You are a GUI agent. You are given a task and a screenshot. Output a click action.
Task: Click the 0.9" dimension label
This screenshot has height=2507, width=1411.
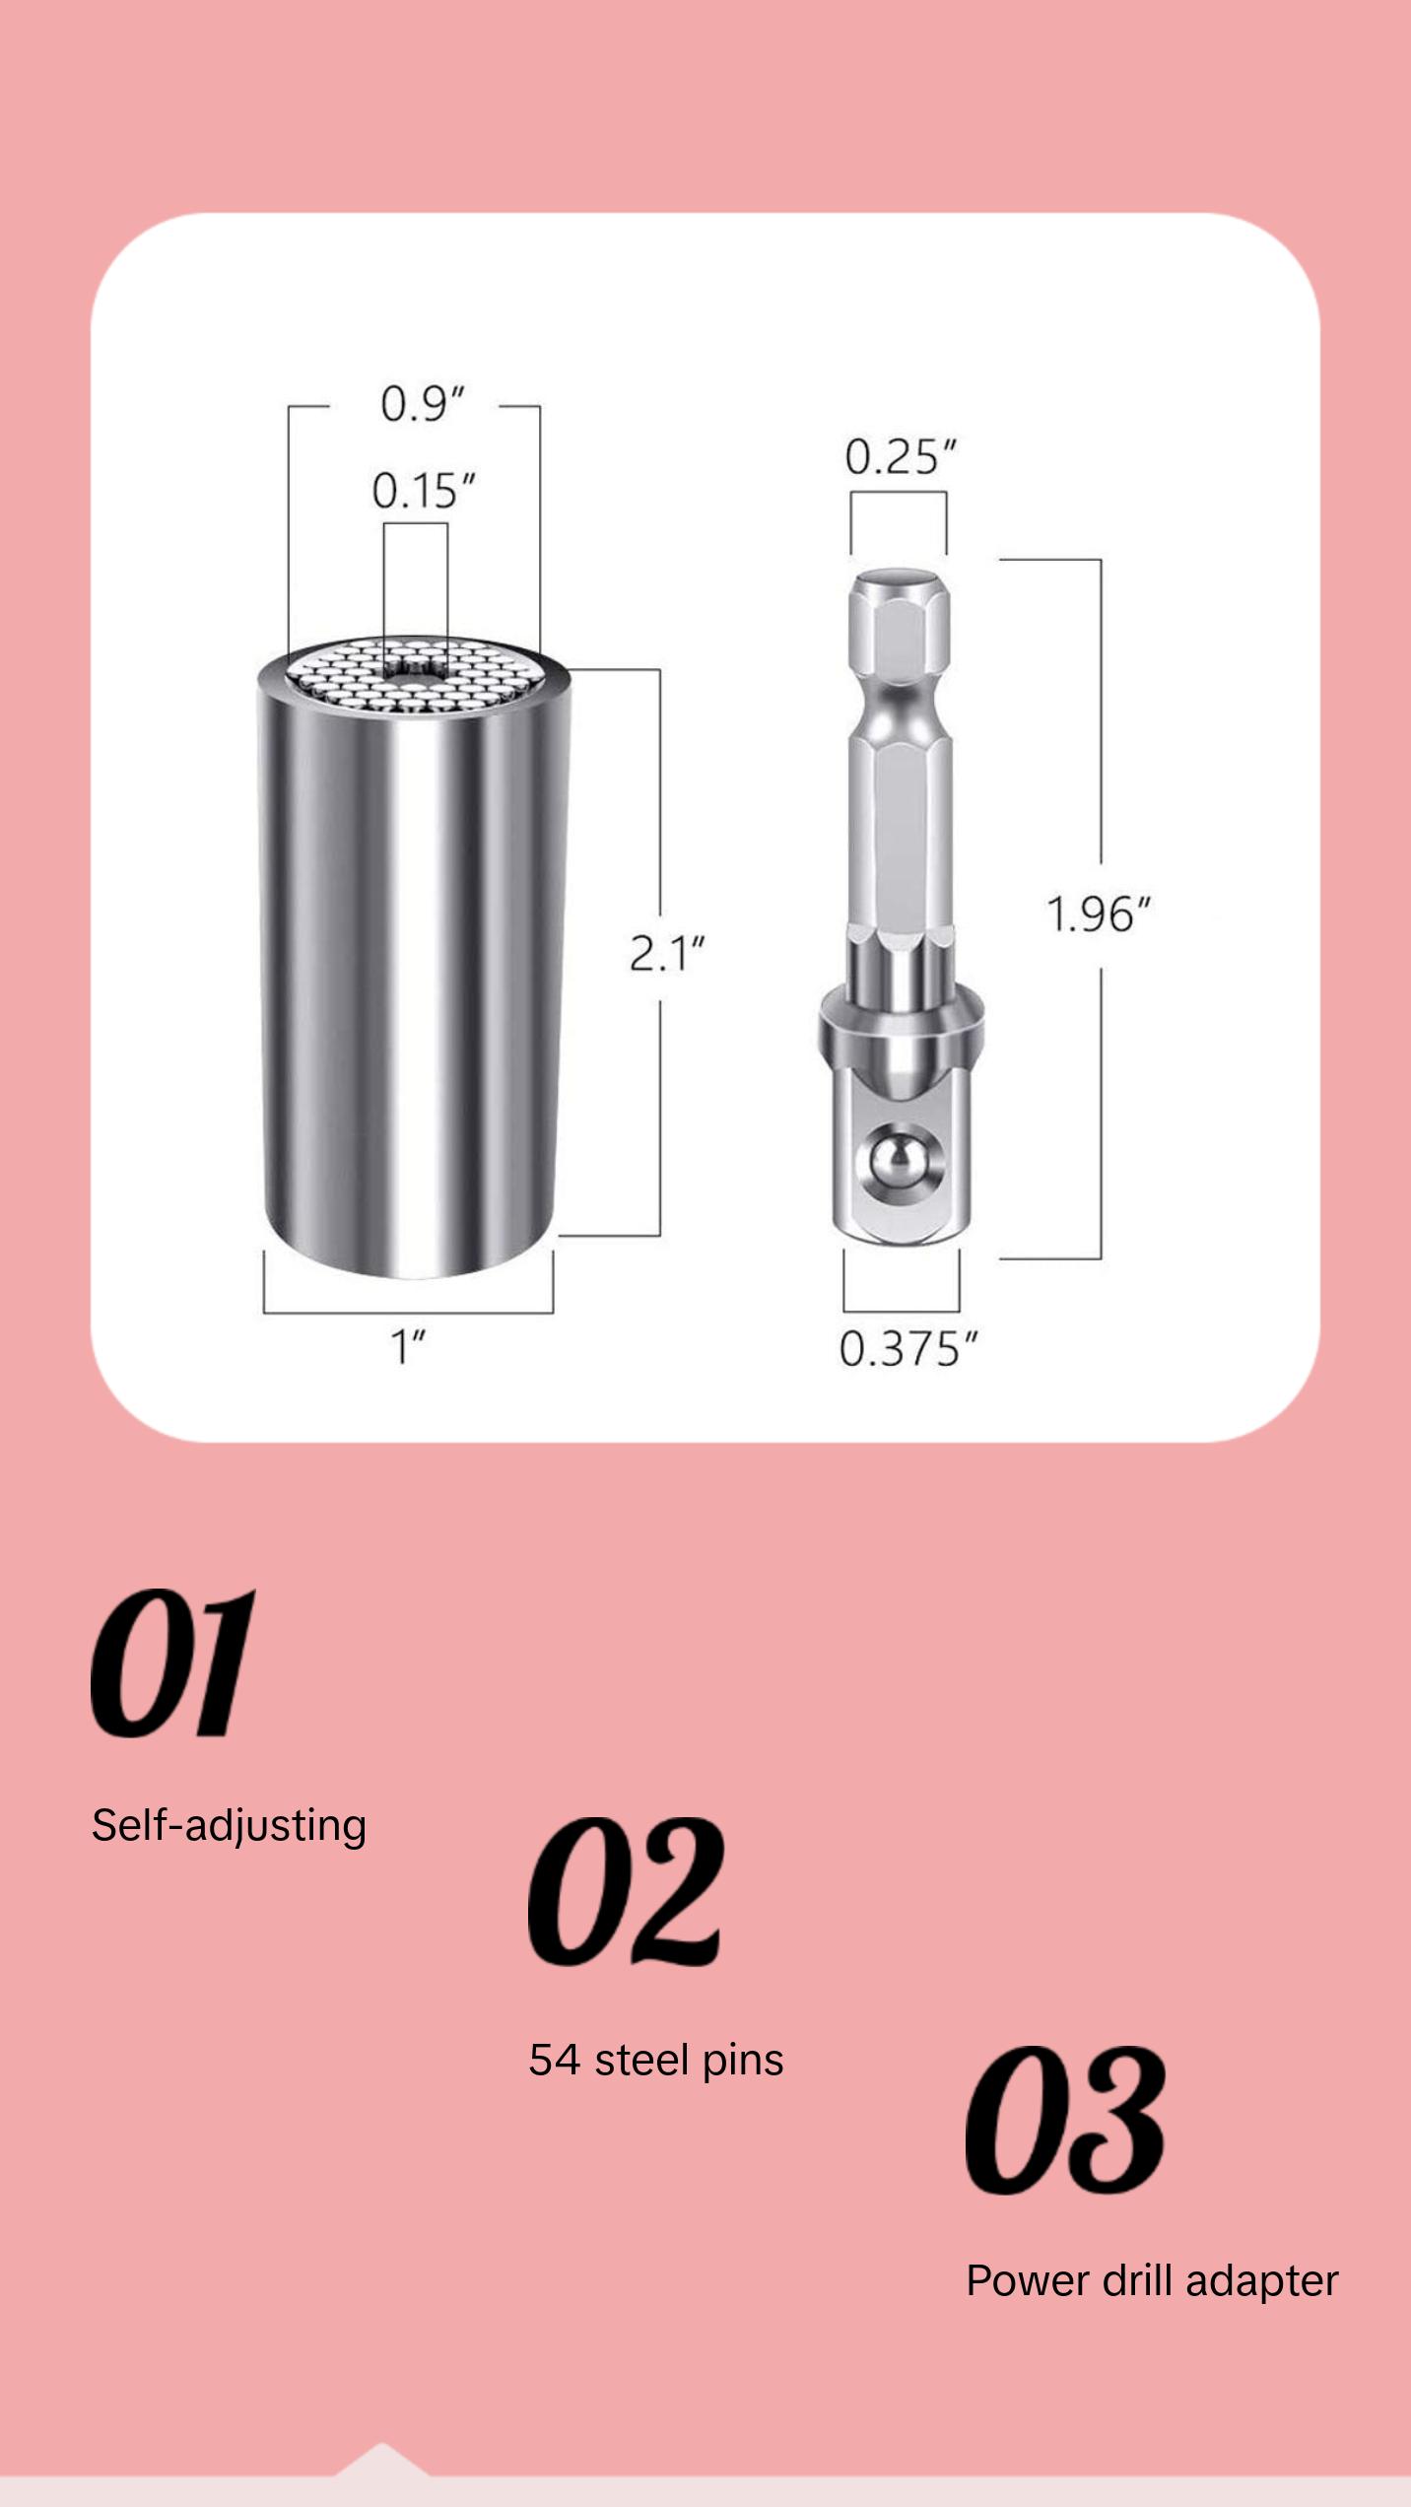click(422, 405)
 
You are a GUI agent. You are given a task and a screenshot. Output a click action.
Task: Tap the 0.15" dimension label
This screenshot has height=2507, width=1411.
click(424, 491)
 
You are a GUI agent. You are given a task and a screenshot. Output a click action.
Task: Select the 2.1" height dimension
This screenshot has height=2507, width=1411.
click(667, 954)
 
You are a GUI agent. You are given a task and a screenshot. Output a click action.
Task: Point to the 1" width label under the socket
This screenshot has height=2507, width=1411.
click(408, 1347)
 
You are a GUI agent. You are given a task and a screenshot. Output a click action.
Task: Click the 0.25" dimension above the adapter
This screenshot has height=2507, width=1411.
click(900, 457)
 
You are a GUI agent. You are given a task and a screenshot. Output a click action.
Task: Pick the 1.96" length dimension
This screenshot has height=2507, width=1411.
click(1098, 915)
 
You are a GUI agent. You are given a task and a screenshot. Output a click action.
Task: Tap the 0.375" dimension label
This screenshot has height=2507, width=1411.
click(908, 1349)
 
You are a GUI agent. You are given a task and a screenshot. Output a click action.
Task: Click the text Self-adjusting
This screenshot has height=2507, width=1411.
click(229, 1826)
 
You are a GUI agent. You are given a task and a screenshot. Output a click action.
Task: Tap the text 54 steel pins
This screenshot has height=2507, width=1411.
click(655, 2061)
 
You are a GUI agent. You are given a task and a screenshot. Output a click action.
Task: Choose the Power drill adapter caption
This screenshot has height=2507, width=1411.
click(1151, 2281)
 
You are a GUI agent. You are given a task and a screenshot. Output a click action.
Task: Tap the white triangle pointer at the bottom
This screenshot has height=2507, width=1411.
click(381, 2460)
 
